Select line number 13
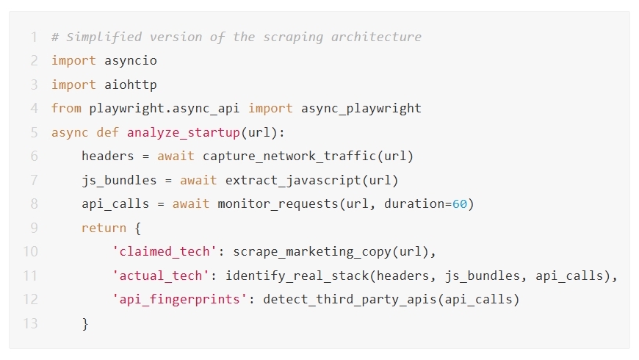[x=29, y=323]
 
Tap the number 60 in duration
[x=459, y=204]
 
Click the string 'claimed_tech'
[x=165, y=252]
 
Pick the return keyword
[x=104, y=228]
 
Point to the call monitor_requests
[x=278, y=204]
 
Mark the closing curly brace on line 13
[x=85, y=323]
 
